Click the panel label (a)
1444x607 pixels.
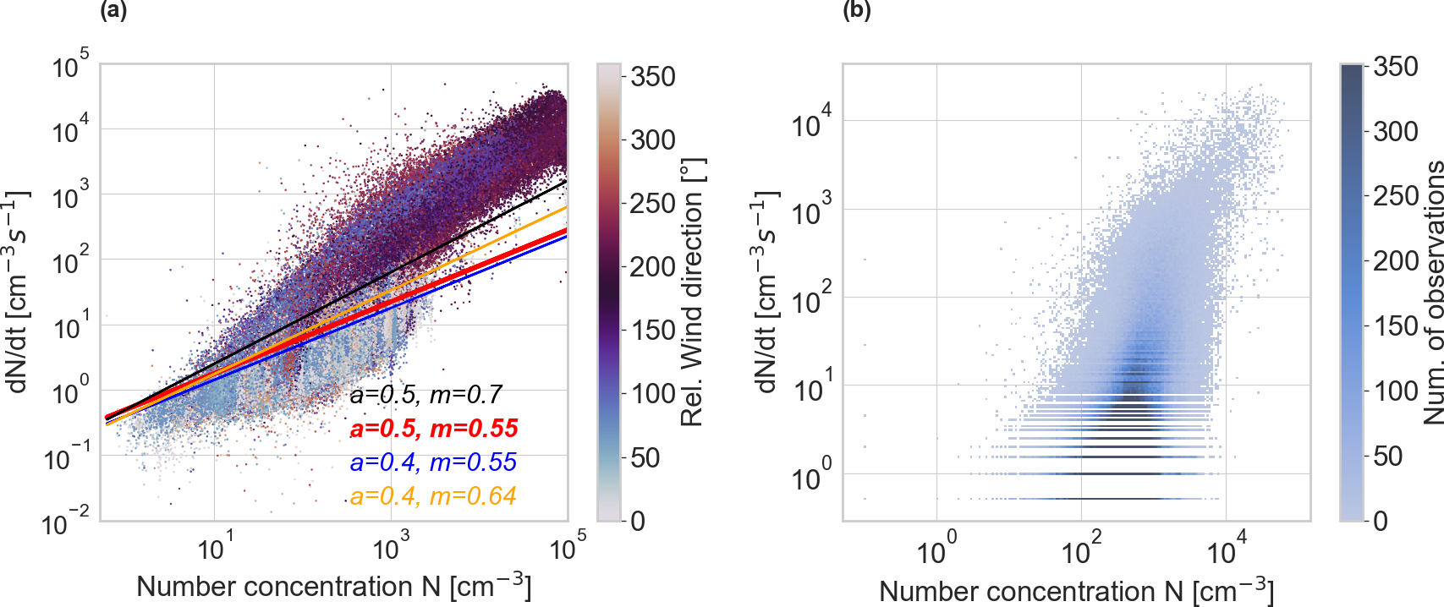113,11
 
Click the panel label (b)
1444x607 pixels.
857,11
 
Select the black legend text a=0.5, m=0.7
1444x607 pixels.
426,394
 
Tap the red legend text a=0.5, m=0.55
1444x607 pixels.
433,428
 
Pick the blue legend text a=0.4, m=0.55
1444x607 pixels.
432,462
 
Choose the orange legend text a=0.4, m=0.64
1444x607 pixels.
432,495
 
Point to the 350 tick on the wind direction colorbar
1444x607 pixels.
652,77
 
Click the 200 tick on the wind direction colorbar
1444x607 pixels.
652,267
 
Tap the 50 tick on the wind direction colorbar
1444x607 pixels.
645,458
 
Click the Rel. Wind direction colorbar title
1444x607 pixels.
692,292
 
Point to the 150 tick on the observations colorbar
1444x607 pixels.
1395,326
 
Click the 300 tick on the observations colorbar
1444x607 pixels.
1395,131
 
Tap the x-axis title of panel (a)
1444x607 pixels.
333,585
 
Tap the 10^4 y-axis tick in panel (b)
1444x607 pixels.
811,123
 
